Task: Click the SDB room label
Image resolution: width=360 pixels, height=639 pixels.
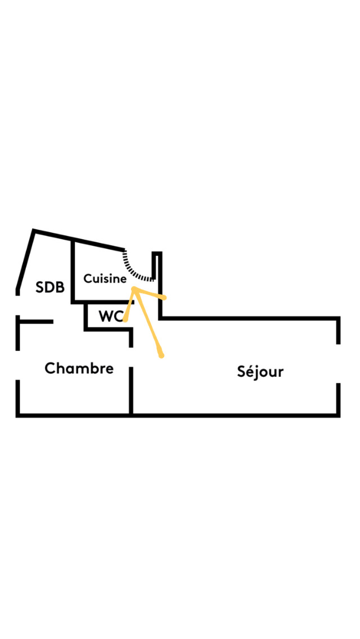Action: [x=50, y=287]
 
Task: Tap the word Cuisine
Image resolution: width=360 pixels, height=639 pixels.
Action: [x=105, y=278]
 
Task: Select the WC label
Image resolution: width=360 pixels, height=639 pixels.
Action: [x=111, y=316]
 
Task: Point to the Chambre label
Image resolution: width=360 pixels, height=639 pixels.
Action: [x=79, y=368]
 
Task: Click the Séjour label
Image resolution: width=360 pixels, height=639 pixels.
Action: [x=260, y=372]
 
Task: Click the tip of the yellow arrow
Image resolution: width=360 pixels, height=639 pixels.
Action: [x=134, y=288]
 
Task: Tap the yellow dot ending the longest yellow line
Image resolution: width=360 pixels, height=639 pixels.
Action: [x=161, y=355]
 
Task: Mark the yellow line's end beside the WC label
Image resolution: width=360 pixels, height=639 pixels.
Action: [x=125, y=319]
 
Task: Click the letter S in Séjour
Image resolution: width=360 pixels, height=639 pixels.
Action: [x=242, y=372]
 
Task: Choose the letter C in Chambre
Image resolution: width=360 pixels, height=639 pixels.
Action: [x=49, y=368]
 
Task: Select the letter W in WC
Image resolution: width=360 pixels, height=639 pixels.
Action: [x=105, y=316]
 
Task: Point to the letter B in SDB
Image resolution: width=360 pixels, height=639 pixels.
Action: [x=60, y=287]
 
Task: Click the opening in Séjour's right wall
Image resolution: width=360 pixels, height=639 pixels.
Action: [x=339, y=363]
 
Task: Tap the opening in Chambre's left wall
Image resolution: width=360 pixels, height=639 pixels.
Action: [x=18, y=364]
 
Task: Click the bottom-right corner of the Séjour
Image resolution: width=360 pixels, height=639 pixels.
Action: [x=339, y=415]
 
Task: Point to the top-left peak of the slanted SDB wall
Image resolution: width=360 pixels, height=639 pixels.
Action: [x=34, y=231]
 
